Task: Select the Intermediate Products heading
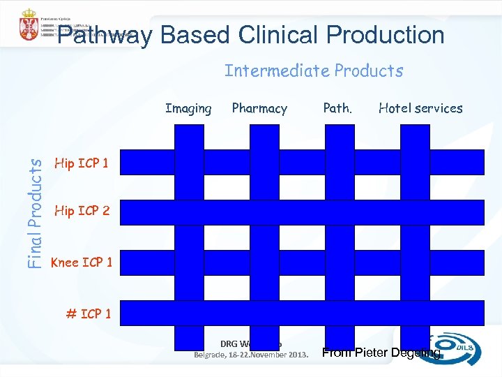314,71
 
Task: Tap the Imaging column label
188,108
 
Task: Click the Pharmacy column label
259,108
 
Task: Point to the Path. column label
337,108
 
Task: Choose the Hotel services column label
420,108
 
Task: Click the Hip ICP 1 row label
81,163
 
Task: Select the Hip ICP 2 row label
82,210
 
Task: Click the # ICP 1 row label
88,313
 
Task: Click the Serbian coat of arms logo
28,25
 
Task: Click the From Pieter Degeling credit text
381,353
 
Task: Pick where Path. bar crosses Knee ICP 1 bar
340,263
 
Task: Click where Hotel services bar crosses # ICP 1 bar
416,313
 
